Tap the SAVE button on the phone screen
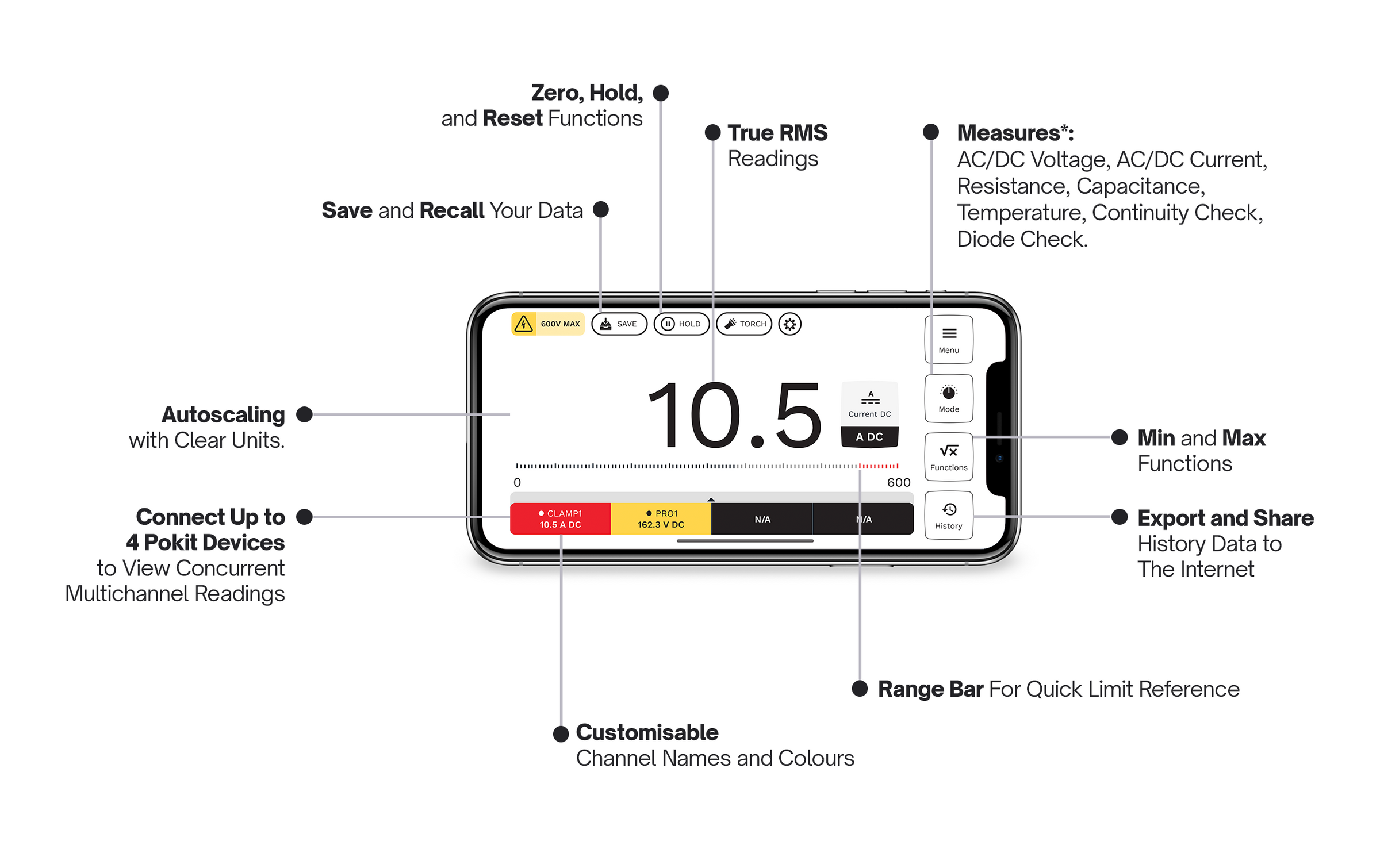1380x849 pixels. pos(619,324)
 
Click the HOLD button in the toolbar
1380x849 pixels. pos(681,324)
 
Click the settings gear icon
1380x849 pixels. pos(790,324)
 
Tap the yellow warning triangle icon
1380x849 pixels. pos(523,324)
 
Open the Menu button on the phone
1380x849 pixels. pos(949,340)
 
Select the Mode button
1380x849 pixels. pos(949,399)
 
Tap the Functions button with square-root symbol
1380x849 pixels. pos(949,457)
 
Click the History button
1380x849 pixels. pos(949,516)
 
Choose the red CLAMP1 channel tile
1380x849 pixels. pos(560,519)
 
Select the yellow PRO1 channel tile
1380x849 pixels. pos(661,519)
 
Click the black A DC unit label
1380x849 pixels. pos(869,437)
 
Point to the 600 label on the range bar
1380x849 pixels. pos(898,483)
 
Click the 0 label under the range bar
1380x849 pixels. pos(517,483)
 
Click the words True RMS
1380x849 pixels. pos(777,133)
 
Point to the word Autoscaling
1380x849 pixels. pos(223,414)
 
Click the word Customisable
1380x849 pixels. pos(647,733)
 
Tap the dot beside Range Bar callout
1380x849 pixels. pos(860,689)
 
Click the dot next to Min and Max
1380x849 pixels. pos(1120,437)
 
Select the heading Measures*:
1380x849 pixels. pos(1015,133)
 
